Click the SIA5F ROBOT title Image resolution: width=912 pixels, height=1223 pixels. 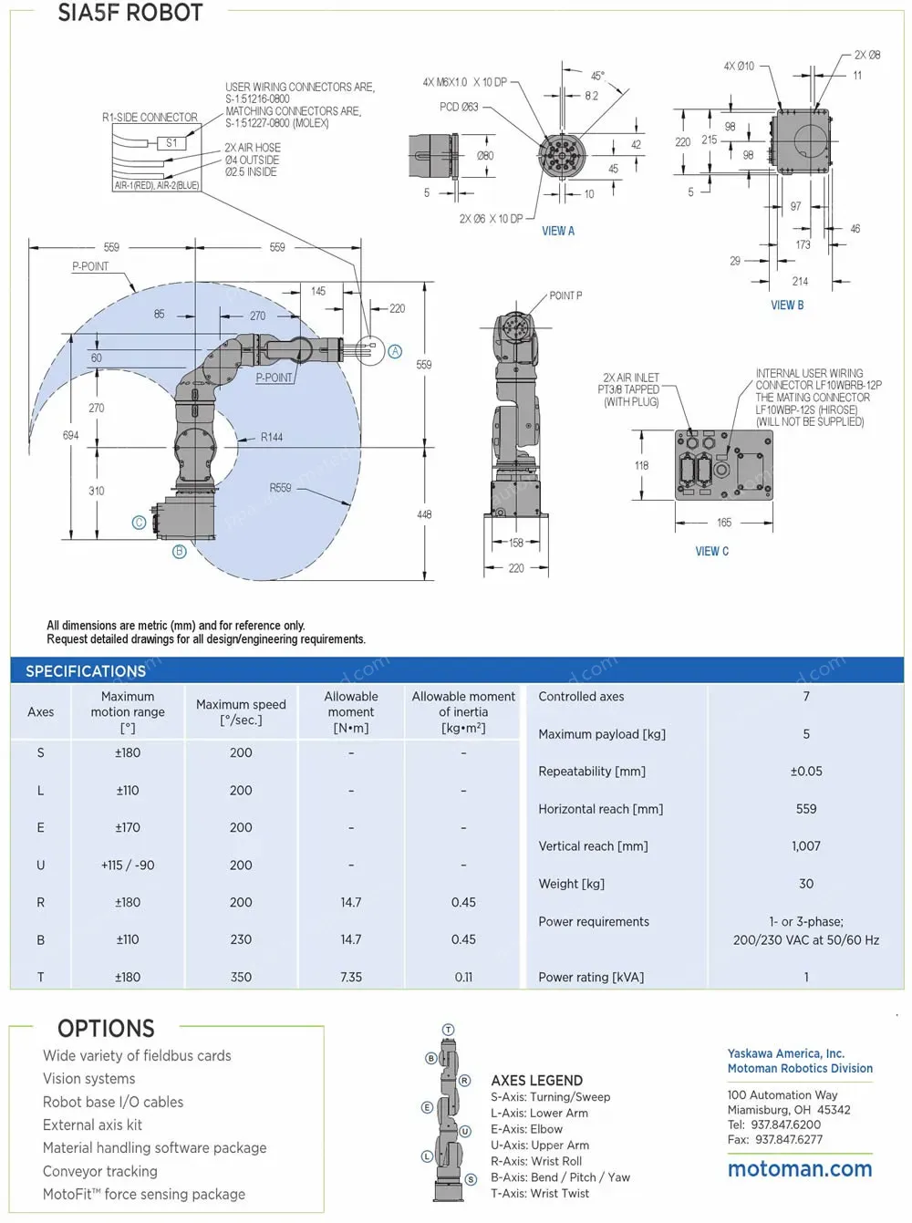(x=130, y=13)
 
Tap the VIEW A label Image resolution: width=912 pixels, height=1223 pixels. (x=558, y=232)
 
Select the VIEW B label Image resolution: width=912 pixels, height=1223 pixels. (x=787, y=306)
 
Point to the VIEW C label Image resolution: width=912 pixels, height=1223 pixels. (x=711, y=552)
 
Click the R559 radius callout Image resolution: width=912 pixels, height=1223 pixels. (x=280, y=488)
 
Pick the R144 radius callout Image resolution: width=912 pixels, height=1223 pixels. (x=272, y=438)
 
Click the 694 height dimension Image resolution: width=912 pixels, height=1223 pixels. (x=70, y=436)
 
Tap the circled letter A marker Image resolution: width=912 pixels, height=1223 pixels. (x=395, y=351)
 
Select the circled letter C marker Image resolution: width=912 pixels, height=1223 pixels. (x=139, y=523)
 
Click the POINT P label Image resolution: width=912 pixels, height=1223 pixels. (x=565, y=296)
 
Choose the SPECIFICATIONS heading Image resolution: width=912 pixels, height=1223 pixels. (x=86, y=671)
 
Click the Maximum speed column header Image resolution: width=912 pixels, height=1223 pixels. (x=241, y=712)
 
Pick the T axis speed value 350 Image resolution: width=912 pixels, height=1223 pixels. (x=241, y=977)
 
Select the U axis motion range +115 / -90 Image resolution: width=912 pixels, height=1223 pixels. (x=128, y=865)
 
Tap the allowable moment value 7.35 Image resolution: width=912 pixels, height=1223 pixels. (x=351, y=977)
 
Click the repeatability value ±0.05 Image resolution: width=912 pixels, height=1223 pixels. (x=806, y=772)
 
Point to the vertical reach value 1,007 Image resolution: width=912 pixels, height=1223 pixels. (x=806, y=846)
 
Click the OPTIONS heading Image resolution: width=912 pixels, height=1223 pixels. (x=106, y=1029)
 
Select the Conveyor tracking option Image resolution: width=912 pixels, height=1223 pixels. (x=100, y=1171)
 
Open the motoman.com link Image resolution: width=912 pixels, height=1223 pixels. (x=800, y=1169)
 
